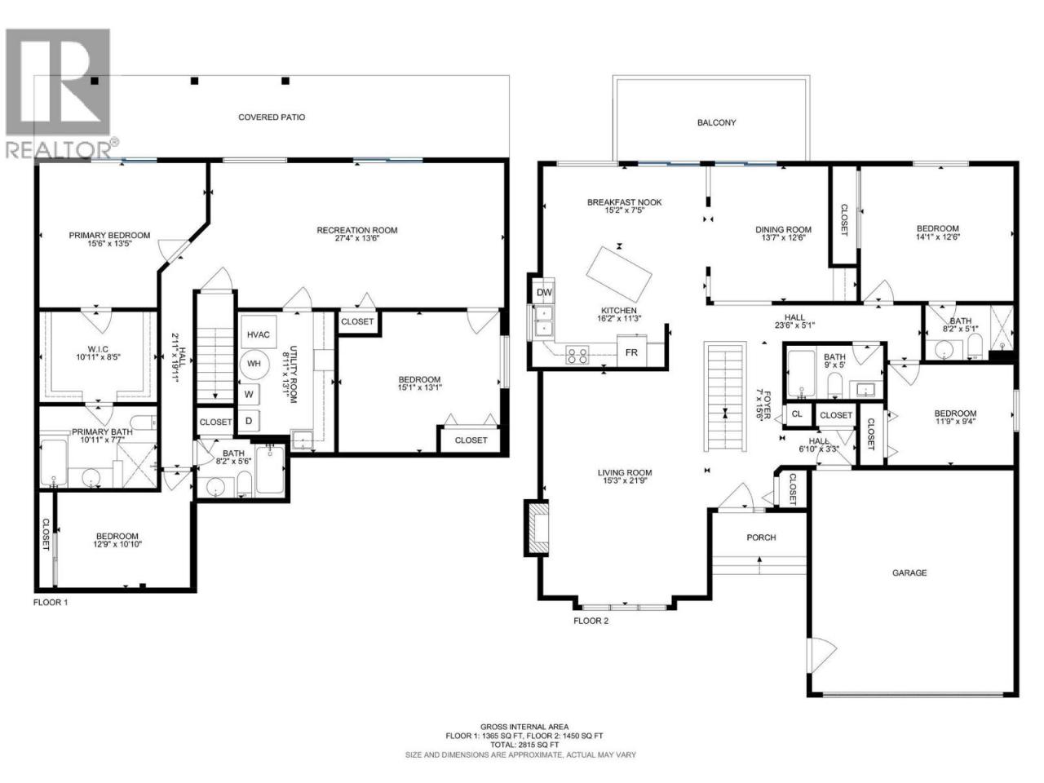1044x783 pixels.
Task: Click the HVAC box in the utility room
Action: [259, 334]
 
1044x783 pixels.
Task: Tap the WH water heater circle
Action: [254, 364]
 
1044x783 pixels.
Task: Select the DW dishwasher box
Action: [544, 292]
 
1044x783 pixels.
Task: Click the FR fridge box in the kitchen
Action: [631, 352]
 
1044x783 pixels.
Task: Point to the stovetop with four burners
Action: [577, 356]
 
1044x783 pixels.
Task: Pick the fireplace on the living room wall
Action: [537, 527]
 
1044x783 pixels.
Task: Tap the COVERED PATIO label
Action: [272, 117]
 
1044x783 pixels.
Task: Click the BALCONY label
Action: [716, 122]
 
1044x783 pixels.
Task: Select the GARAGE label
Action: [909, 573]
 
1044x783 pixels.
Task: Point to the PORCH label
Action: [761, 537]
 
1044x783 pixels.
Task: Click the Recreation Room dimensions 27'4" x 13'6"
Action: [357, 238]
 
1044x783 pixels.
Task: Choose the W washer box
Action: [250, 394]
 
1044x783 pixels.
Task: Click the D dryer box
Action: [249, 421]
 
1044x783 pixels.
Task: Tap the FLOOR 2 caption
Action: [591, 621]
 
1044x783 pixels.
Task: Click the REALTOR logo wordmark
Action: [60, 150]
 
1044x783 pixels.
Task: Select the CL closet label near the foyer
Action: [797, 414]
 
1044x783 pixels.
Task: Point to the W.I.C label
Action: [99, 349]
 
